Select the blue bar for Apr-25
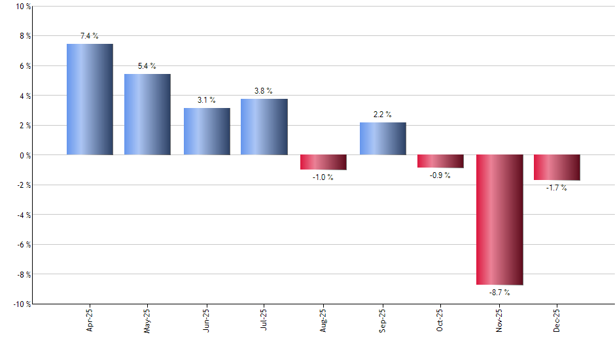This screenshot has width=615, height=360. pyautogui.click(x=90, y=99)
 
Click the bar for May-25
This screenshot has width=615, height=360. pyautogui.click(x=147, y=115)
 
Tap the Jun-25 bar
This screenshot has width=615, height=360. pyautogui.click(x=207, y=132)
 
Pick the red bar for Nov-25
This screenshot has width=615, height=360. pyautogui.click(x=499, y=220)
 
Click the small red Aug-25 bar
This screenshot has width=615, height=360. pyautogui.click(x=323, y=162)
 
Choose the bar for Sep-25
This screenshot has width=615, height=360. pyautogui.click(x=383, y=139)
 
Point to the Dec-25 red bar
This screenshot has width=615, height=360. pyautogui.click(x=557, y=168)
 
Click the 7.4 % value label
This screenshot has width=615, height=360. pyautogui.click(x=90, y=37)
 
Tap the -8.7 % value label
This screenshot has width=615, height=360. pyautogui.click(x=499, y=293)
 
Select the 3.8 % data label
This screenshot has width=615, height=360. pyautogui.click(x=264, y=91)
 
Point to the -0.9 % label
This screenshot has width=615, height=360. pyautogui.click(x=440, y=176)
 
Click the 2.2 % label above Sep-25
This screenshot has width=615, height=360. pyautogui.click(x=383, y=115)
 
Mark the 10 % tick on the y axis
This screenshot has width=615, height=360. pyautogui.click(x=22, y=7)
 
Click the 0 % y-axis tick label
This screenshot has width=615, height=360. pyautogui.click(x=24, y=155)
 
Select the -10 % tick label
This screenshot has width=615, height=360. pyautogui.click(x=20, y=304)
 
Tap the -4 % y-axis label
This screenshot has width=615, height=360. pyautogui.click(x=22, y=215)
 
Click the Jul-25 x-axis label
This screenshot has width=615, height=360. pyautogui.click(x=264, y=320)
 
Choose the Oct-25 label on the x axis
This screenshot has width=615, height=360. pyautogui.click(x=440, y=320)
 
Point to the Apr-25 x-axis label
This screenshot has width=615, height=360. pyautogui.click(x=90, y=320)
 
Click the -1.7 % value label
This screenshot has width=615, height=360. pyautogui.click(x=557, y=189)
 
